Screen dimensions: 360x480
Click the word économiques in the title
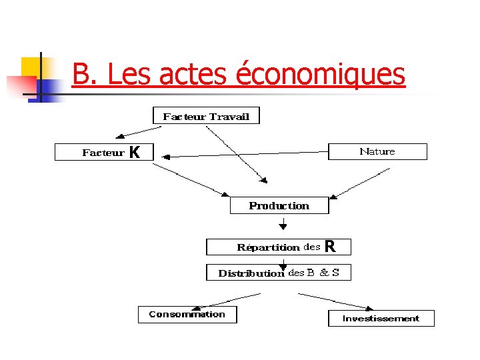tap(320, 75)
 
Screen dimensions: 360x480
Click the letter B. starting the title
tap(85, 75)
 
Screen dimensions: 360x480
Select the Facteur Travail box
tap(206, 116)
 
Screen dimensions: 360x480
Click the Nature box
tap(377, 151)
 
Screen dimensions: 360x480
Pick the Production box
tap(279, 205)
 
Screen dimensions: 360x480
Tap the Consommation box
tap(187, 314)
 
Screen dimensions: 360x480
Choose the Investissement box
tap(381, 318)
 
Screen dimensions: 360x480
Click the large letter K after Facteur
tap(135, 153)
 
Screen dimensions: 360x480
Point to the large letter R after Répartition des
tap(329, 247)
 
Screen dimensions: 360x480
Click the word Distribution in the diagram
tap(251, 273)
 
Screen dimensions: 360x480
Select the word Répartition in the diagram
tap(268, 247)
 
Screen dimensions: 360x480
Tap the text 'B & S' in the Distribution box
tap(323, 273)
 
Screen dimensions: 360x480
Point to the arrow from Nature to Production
tap(360, 183)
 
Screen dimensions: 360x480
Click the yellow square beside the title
tap(31, 67)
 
